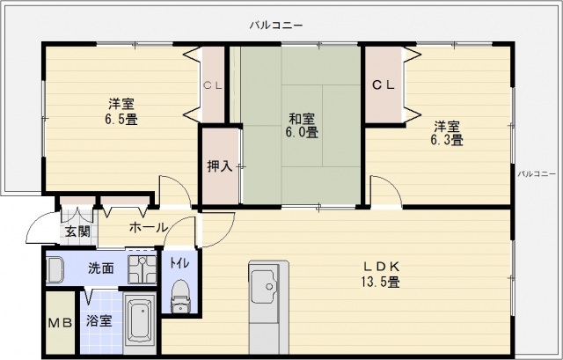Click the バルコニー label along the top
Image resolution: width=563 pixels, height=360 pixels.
(276, 26)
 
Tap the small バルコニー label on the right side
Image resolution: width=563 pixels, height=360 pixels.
(536, 173)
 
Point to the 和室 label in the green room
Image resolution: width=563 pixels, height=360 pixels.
(302, 118)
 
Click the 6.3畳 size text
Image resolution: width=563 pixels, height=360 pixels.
(446, 139)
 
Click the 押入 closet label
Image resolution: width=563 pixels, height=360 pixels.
(219, 166)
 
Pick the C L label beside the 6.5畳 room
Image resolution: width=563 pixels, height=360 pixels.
(212, 85)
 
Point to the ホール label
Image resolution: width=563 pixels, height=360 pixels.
(148, 227)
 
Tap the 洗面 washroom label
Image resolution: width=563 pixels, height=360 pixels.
(99, 268)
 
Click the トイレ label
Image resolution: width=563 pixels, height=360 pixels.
(179, 261)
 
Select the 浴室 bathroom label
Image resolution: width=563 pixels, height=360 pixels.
(99, 321)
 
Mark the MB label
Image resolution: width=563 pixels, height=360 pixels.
(59, 322)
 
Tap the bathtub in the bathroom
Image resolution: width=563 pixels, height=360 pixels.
(141, 325)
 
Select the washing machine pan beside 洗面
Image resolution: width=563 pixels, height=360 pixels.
(141, 267)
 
